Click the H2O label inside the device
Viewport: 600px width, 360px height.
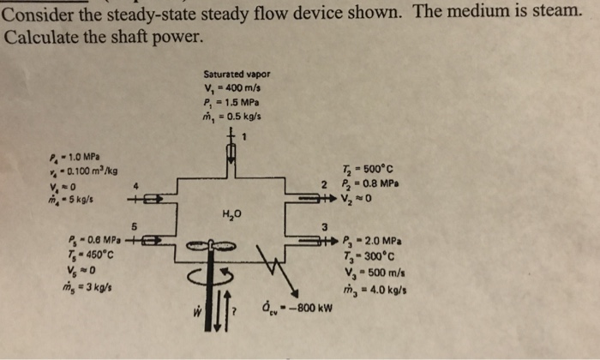pos(231,213)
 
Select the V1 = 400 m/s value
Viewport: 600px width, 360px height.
pos(231,88)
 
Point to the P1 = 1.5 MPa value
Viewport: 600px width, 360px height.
pos(231,103)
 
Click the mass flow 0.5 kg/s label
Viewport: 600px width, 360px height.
pos(231,117)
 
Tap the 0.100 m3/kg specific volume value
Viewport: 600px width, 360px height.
pos(80,171)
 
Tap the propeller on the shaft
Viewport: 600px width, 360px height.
pos(205,244)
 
